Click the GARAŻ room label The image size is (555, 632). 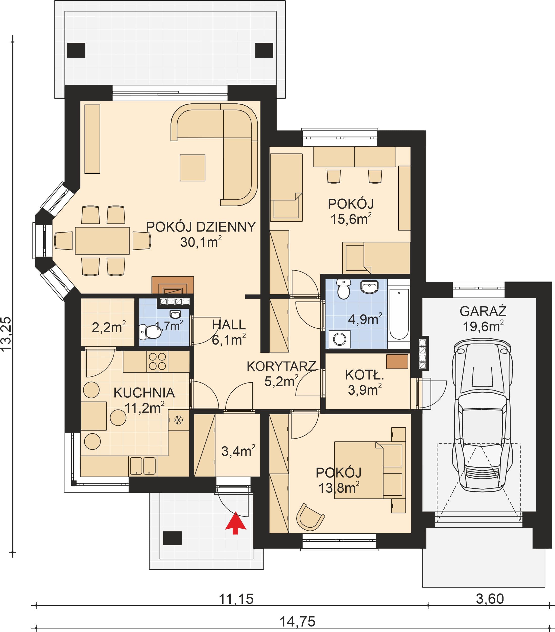tap(483, 311)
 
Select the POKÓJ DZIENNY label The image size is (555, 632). tap(201, 227)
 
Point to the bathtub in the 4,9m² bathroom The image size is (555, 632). tap(399, 314)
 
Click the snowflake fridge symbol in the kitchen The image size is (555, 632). tap(179, 420)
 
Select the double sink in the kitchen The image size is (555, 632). tap(142, 466)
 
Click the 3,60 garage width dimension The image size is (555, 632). tap(490, 599)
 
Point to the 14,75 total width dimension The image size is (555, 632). tap(297, 621)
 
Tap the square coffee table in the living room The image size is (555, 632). tap(192, 168)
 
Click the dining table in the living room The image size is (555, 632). tap(102, 241)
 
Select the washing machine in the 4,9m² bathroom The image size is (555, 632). tap(339, 339)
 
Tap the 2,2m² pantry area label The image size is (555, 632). tap(109, 327)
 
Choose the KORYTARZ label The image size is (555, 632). tap(281, 366)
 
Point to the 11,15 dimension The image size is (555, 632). tap(236, 599)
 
